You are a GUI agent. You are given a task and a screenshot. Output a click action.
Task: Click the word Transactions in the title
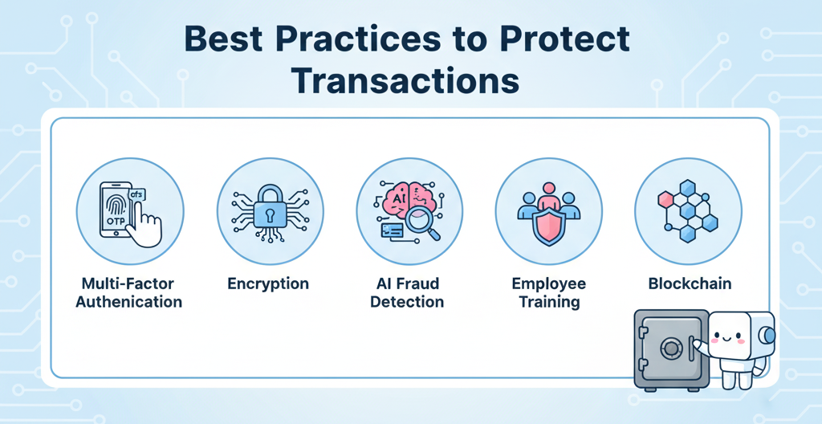pyautogui.click(x=405, y=81)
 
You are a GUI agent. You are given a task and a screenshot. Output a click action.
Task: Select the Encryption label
pyautogui.click(x=268, y=284)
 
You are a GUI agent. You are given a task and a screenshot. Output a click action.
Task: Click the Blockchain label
pyautogui.click(x=690, y=284)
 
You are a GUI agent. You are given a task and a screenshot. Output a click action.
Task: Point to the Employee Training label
pyautogui.click(x=548, y=293)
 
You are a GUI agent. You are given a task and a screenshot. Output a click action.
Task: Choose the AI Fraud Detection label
pyautogui.click(x=407, y=293)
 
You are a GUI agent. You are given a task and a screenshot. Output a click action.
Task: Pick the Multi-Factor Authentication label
pyautogui.click(x=129, y=293)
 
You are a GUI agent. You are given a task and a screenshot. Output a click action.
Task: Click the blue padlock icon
pyautogui.click(x=270, y=210)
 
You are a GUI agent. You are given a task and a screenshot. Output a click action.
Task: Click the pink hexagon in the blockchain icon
pyautogui.click(x=665, y=200)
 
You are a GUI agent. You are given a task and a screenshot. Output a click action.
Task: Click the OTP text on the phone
pyautogui.click(x=112, y=222)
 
